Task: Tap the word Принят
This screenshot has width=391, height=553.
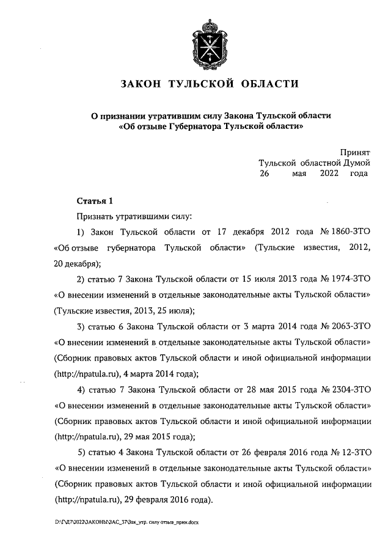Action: pos(356,153)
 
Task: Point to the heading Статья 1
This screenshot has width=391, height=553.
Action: pos(95,201)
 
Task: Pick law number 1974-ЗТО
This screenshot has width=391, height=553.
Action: pos(349,279)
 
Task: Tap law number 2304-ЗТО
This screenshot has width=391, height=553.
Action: pos(349,389)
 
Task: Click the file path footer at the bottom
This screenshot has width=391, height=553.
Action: pos(130,523)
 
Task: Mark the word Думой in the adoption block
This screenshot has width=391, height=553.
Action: pos(355,163)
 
